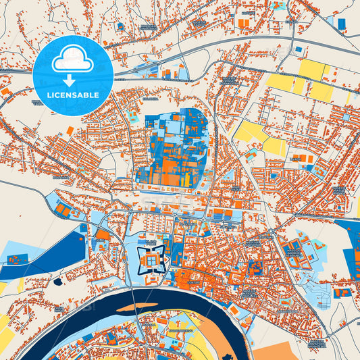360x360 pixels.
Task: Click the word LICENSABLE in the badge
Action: (73, 94)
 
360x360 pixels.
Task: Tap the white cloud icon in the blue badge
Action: (73, 60)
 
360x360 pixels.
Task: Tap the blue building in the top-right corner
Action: (341, 24)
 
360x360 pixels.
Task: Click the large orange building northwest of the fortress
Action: (102, 235)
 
